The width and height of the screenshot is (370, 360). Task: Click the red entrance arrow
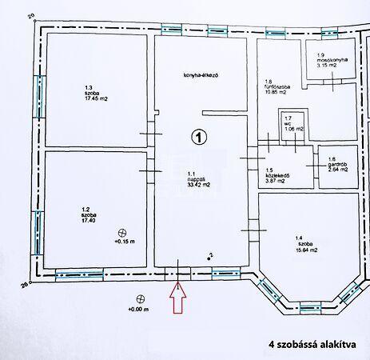177,298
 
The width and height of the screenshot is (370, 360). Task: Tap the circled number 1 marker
199,137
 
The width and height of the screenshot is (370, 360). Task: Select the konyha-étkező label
201,75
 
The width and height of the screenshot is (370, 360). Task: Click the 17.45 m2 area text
96,99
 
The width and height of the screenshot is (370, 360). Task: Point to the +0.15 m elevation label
125,242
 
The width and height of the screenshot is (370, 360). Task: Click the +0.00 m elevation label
138,310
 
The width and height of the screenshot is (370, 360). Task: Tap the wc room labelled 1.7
292,126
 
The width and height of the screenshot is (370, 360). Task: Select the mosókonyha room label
332,60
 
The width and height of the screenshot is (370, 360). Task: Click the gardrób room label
337,164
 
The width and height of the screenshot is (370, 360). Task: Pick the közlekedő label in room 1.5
277,176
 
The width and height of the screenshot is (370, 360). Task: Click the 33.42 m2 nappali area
199,185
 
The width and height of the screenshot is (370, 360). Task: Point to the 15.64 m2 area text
307,250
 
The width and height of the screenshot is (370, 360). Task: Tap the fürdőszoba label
277,87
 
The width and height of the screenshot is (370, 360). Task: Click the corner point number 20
32,17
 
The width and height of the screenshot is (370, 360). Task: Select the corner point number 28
25,286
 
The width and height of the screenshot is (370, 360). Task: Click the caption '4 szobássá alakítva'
312,344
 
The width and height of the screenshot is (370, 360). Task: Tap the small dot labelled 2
209,258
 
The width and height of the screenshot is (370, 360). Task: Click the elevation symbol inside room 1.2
122,233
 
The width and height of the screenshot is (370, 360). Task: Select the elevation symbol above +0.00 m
140,299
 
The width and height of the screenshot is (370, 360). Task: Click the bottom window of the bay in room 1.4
310,308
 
